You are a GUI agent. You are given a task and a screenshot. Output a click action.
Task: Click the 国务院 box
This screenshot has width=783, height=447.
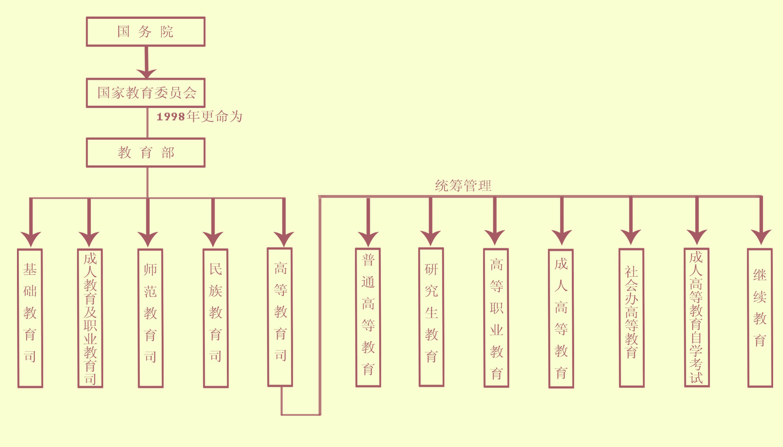(146, 32)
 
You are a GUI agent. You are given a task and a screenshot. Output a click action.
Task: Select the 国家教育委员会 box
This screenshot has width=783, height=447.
(146, 93)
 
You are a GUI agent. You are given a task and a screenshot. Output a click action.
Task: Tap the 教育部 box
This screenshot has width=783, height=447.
(146, 153)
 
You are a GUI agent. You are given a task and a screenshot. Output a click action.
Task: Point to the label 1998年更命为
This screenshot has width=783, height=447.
(199, 117)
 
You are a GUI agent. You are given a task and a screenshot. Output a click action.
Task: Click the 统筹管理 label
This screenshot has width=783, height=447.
(463, 186)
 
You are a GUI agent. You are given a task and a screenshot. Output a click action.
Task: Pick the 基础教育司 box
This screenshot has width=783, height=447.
(30, 318)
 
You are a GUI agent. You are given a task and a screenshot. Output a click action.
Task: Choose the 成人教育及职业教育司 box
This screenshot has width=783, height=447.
(90, 318)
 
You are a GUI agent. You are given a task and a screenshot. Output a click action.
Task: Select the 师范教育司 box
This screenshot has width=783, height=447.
(150, 318)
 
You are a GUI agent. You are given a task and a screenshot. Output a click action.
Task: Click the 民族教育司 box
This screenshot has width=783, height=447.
(215, 318)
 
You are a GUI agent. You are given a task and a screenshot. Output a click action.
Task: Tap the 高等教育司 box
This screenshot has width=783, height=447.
(280, 317)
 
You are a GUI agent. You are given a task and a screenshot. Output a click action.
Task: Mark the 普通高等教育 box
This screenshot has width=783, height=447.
(368, 317)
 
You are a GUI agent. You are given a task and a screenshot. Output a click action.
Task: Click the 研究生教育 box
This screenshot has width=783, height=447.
(431, 317)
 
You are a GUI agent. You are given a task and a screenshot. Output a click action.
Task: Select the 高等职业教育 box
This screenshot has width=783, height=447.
(496, 318)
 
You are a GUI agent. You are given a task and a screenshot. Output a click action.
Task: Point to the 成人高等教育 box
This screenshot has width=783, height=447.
(561, 318)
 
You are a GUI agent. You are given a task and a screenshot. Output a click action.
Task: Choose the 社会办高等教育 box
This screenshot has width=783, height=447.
(631, 318)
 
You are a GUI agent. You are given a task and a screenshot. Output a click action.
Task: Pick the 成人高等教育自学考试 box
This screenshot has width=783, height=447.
(697, 317)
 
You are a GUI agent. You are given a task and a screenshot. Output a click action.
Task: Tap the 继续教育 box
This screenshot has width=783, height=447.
(760, 318)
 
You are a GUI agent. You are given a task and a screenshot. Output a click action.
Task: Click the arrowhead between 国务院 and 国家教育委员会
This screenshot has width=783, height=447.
(146, 73)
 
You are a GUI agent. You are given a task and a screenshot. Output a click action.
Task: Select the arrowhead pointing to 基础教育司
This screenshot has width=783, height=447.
(31, 238)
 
